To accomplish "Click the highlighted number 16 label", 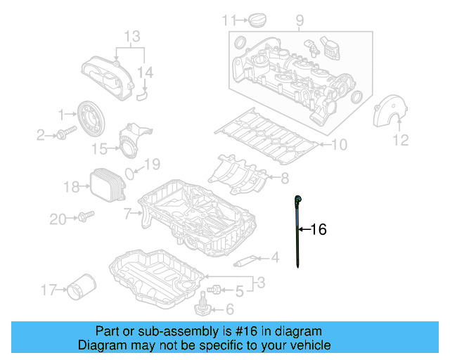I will pyautogui.click(x=319, y=229).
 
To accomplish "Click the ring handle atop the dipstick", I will pyautogui.click(x=299, y=200).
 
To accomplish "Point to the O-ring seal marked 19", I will pyautogui.click(x=131, y=173).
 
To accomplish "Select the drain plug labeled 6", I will pyautogui.click(x=202, y=307).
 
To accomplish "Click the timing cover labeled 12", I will pyautogui.click(x=390, y=112).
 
